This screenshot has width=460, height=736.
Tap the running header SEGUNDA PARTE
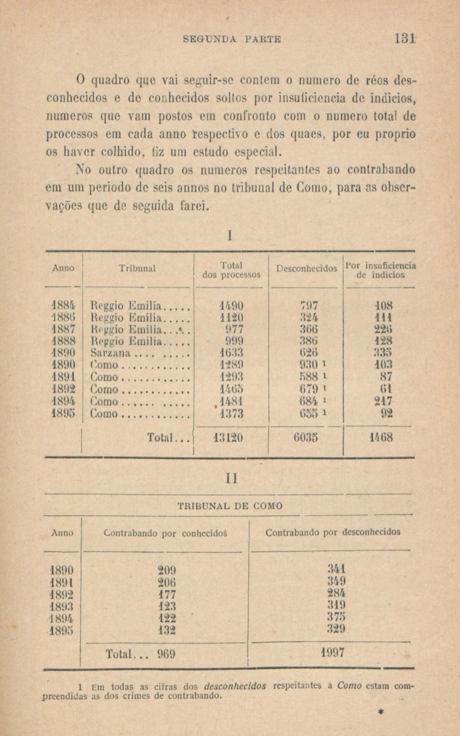(x=232, y=40)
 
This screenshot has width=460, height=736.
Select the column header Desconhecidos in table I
(x=306, y=269)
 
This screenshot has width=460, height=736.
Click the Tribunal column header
(x=137, y=268)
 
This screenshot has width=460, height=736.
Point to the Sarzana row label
(x=111, y=353)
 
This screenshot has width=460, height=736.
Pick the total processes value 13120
(x=228, y=437)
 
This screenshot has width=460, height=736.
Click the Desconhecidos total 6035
(x=306, y=437)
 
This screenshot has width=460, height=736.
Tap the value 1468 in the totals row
(x=380, y=437)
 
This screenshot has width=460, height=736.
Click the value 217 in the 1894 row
(x=383, y=401)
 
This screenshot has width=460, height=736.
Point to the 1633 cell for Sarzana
(x=231, y=353)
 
